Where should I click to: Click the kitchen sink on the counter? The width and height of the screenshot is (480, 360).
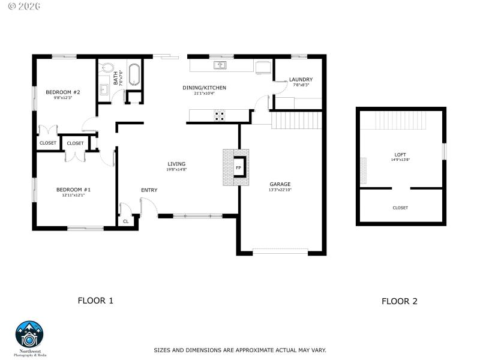click(x=221, y=64)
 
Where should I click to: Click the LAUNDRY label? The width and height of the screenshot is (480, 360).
click(x=301, y=79)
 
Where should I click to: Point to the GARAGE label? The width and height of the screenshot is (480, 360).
click(x=280, y=184)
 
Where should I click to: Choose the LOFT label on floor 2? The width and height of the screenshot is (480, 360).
click(x=400, y=154)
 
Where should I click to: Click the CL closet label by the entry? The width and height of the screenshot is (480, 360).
click(x=126, y=221)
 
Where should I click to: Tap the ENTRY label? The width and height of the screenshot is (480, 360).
click(x=149, y=190)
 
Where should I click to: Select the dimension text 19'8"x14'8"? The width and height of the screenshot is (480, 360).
click(x=176, y=170)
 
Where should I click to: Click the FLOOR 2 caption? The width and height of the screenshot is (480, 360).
click(x=399, y=302)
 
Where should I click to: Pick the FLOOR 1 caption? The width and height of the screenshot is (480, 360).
click(x=95, y=301)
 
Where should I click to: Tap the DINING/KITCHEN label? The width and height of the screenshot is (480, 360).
click(x=204, y=88)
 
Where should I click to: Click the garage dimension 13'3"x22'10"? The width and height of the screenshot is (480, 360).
click(x=280, y=190)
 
